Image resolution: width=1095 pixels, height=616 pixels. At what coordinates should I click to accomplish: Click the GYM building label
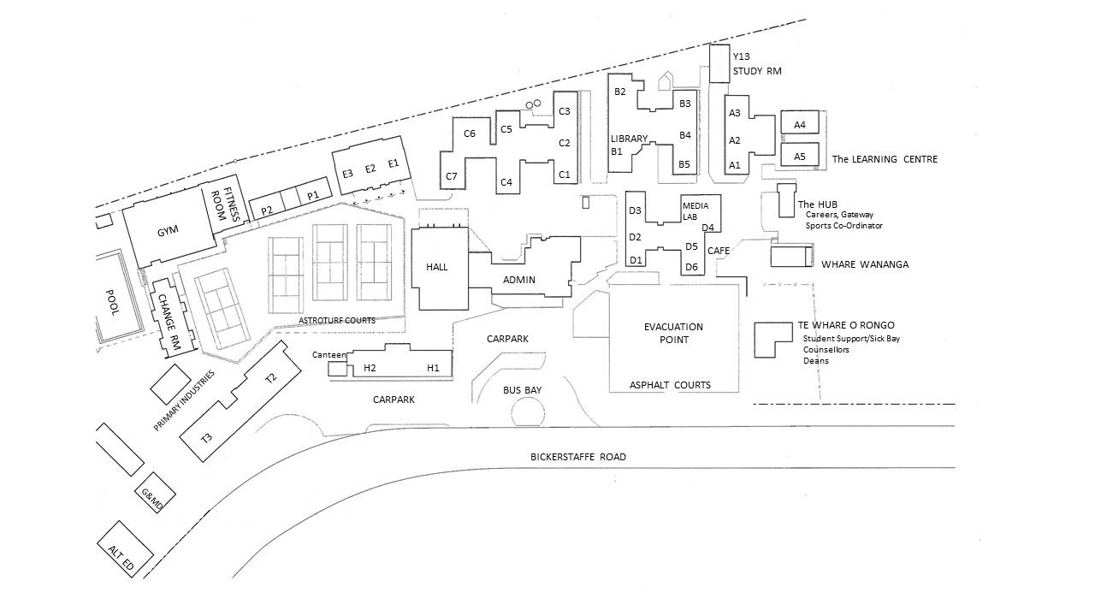coord(167,231)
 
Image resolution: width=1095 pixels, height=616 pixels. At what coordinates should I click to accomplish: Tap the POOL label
coord(111,302)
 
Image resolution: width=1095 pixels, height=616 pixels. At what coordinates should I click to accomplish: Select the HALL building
coord(438,267)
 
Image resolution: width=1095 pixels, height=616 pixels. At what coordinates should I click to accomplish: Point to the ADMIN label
coord(519,280)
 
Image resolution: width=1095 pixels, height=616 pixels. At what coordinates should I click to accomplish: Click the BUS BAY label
coord(522,390)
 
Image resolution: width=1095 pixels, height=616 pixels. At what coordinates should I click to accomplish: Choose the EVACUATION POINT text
coord(673,333)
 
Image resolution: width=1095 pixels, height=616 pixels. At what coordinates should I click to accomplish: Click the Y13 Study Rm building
coord(719,64)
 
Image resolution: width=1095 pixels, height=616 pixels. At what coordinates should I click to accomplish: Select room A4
coord(800,126)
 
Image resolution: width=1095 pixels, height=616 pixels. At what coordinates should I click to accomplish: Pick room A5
coord(800,156)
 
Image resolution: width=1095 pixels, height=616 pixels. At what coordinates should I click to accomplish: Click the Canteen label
coord(329,354)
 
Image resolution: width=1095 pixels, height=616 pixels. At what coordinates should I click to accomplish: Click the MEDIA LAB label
coord(695,210)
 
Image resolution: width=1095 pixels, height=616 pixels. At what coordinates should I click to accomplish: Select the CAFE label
coord(718,250)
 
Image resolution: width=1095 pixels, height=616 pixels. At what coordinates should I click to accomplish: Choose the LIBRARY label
coord(629,139)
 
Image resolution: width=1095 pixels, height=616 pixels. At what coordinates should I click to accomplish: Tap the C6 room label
coord(470,133)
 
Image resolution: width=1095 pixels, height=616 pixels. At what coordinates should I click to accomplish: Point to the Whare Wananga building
coord(790,256)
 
